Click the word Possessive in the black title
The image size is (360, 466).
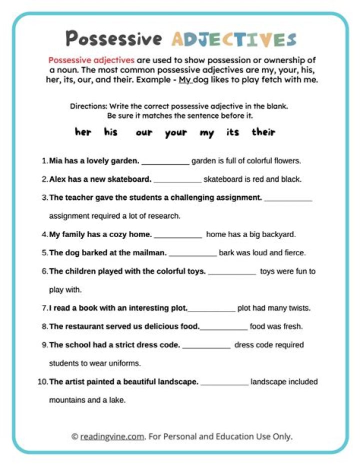click(114, 39)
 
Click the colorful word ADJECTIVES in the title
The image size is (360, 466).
click(233, 40)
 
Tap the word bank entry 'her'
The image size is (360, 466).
click(83, 132)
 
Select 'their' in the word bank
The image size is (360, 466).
click(263, 132)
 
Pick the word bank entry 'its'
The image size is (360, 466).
click(232, 132)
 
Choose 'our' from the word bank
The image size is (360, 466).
click(143, 133)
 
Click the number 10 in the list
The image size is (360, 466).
click(42, 382)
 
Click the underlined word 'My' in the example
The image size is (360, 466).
click(185, 80)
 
